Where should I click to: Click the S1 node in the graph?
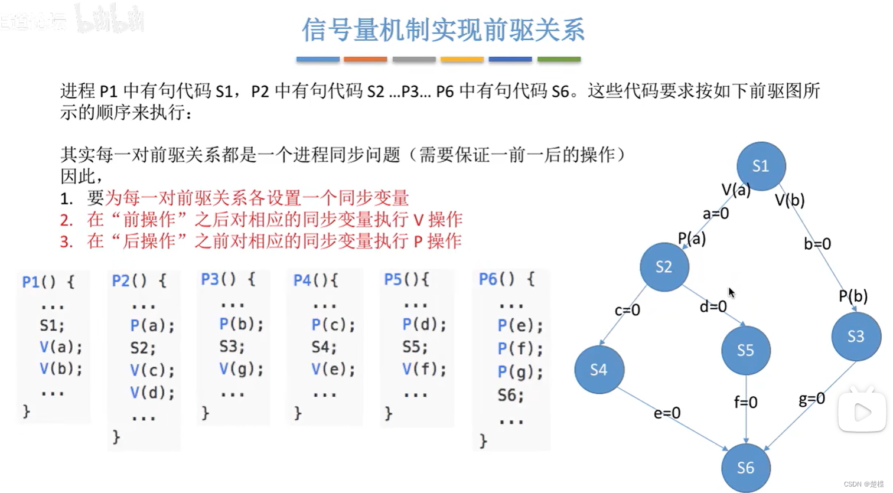point(761,166)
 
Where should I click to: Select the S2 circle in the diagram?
point(664,267)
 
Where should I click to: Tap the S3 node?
point(856,337)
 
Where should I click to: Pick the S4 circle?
point(598,370)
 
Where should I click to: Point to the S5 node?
point(745,351)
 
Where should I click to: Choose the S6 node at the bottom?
point(745,468)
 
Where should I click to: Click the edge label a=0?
point(716,213)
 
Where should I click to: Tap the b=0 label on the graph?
point(817,243)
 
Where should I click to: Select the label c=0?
point(627,310)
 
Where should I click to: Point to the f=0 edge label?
point(746,402)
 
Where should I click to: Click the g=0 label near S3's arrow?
point(811,399)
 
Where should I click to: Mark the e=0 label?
point(667,413)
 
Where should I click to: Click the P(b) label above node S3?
point(853,296)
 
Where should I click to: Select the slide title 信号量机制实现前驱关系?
point(443,30)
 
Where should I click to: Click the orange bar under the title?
point(366,59)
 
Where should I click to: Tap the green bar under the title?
point(559,59)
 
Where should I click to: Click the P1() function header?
point(48,281)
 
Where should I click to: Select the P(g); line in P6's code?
point(520,372)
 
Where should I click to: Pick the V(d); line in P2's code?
point(152,393)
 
